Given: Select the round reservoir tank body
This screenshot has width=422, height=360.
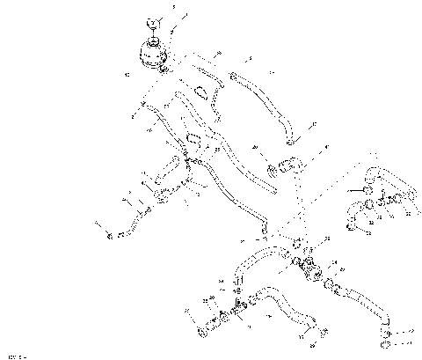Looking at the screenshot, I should click(151, 50).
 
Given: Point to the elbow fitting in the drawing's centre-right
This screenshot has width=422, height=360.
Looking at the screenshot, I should click(287, 164).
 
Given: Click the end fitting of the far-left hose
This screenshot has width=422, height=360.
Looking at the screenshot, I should click(110, 235).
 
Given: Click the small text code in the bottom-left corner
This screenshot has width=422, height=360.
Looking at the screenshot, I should click(12, 356).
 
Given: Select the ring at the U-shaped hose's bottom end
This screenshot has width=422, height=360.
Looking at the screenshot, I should click(353, 229).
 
